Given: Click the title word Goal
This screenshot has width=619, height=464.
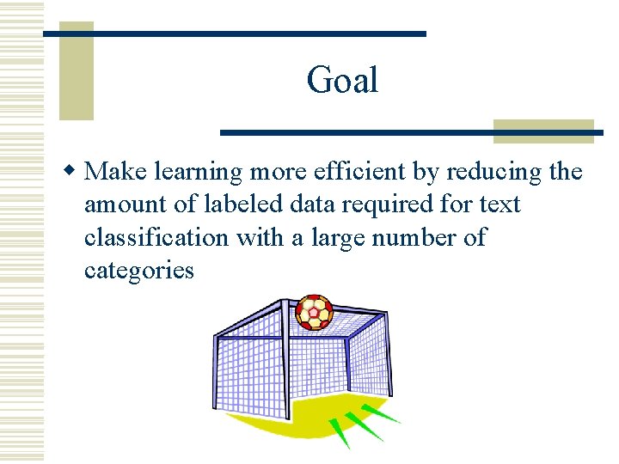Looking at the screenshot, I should pyautogui.click(x=342, y=81).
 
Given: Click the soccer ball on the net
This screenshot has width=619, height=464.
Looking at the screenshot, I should pyautogui.click(x=314, y=313).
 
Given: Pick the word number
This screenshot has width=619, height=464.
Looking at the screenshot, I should pyautogui.click(x=411, y=237).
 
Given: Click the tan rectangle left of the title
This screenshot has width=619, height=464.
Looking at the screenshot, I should pyautogui.click(x=76, y=70).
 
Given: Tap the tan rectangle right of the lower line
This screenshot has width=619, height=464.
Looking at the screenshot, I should pyautogui.click(x=543, y=131).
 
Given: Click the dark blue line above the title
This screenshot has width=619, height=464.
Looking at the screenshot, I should pyautogui.click(x=234, y=33).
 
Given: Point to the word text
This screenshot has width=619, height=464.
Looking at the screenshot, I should pyautogui.click(x=500, y=205).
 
